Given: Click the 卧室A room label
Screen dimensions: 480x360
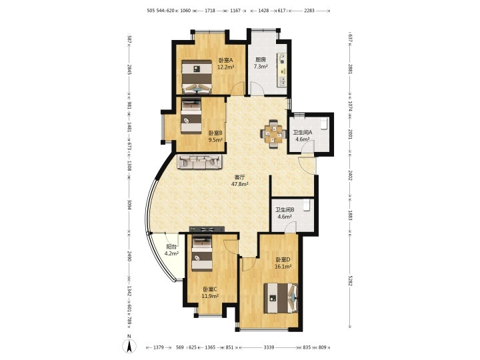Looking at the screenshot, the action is pos(225,60).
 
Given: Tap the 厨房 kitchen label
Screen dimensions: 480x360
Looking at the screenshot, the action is pos(261,60).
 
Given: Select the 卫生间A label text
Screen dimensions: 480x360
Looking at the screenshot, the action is pos(303,133).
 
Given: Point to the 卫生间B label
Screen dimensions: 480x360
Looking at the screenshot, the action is pos(285,210).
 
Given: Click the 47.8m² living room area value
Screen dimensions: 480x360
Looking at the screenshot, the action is pos(240,184).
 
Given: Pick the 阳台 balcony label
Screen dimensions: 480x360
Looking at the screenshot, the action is pos(171,247).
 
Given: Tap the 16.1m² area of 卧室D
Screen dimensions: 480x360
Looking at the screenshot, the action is pos(283,267).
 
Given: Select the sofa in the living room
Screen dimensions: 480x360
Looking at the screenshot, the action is pos(199,161).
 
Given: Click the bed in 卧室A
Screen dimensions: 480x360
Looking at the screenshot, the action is pos(197,77).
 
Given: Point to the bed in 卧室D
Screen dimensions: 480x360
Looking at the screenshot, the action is pos(281,298).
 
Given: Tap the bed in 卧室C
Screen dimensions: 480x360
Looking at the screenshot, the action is pos(202,253).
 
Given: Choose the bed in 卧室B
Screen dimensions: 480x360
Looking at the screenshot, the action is pos(191,115).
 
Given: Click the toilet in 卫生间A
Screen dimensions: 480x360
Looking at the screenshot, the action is pos(324,124).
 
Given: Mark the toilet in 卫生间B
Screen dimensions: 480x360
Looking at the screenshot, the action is pos(307,205).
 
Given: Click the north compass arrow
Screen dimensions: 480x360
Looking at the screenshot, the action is pos(129,346).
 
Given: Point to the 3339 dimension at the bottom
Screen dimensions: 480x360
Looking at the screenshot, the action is pos(269,347).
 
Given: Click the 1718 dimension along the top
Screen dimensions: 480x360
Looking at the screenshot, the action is pos(210,11).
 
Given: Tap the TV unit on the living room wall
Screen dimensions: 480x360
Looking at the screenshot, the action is pos(207,229).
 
